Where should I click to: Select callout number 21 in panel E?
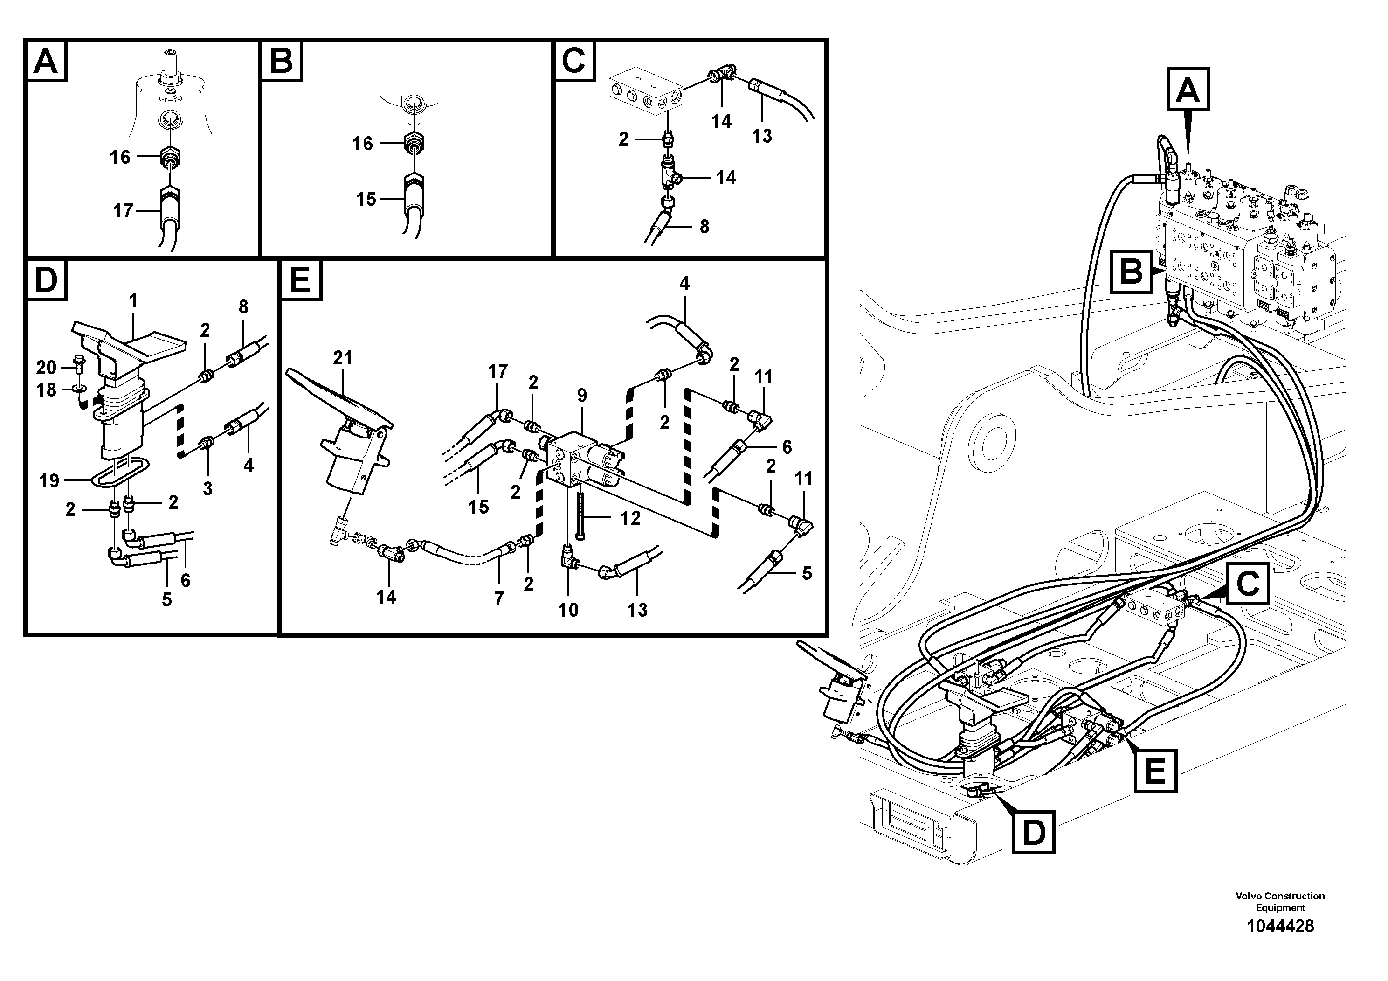click(342, 358)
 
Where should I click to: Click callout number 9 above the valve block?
click(581, 396)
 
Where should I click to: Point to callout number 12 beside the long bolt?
click(629, 519)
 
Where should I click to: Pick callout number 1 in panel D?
click(133, 300)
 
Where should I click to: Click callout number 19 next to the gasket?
click(49, 481)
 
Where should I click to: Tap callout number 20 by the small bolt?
click(46, 367)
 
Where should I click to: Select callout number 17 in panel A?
click(123, 211)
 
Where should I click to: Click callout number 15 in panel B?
click(366, 200)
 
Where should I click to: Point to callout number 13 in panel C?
click(762, 137)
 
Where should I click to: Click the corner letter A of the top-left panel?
click(47, 61)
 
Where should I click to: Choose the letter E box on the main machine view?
click(1155, 771)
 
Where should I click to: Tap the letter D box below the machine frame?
click(1033, 832)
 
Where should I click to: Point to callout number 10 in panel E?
click(568, 610)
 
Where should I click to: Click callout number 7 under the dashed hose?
click(499, 598)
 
